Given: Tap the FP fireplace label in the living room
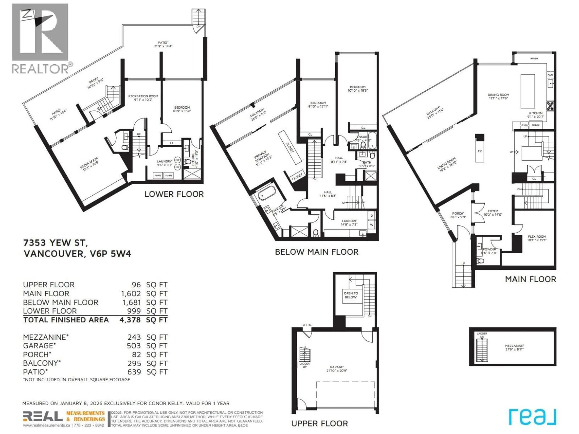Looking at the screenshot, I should coord(479,151).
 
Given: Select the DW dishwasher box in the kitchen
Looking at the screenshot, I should coord(550,75).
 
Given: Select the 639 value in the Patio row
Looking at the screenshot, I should coord(134,372).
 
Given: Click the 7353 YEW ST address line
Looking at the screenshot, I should coord(55,243).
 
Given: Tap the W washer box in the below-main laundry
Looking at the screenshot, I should coord(371,225).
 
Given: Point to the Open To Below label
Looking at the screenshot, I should coord(351,295).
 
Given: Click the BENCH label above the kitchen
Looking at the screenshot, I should coord(534,59).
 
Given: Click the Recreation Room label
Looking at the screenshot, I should coord(143,98).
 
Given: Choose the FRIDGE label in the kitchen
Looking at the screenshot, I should coord(536,125).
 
